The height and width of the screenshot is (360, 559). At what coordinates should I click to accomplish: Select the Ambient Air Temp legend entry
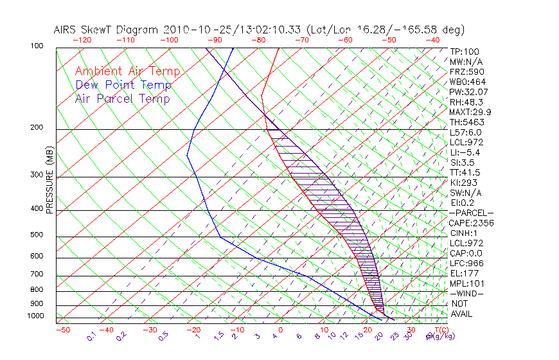pos(127,71)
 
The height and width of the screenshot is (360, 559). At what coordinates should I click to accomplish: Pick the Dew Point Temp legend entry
pos(123,85)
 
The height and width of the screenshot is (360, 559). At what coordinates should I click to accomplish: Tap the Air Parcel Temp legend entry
pos(122,98)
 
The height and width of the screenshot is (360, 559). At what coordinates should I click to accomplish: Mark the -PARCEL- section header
pos(471,213)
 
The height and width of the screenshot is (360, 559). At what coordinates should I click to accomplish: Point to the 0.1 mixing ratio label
pos(92,335)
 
